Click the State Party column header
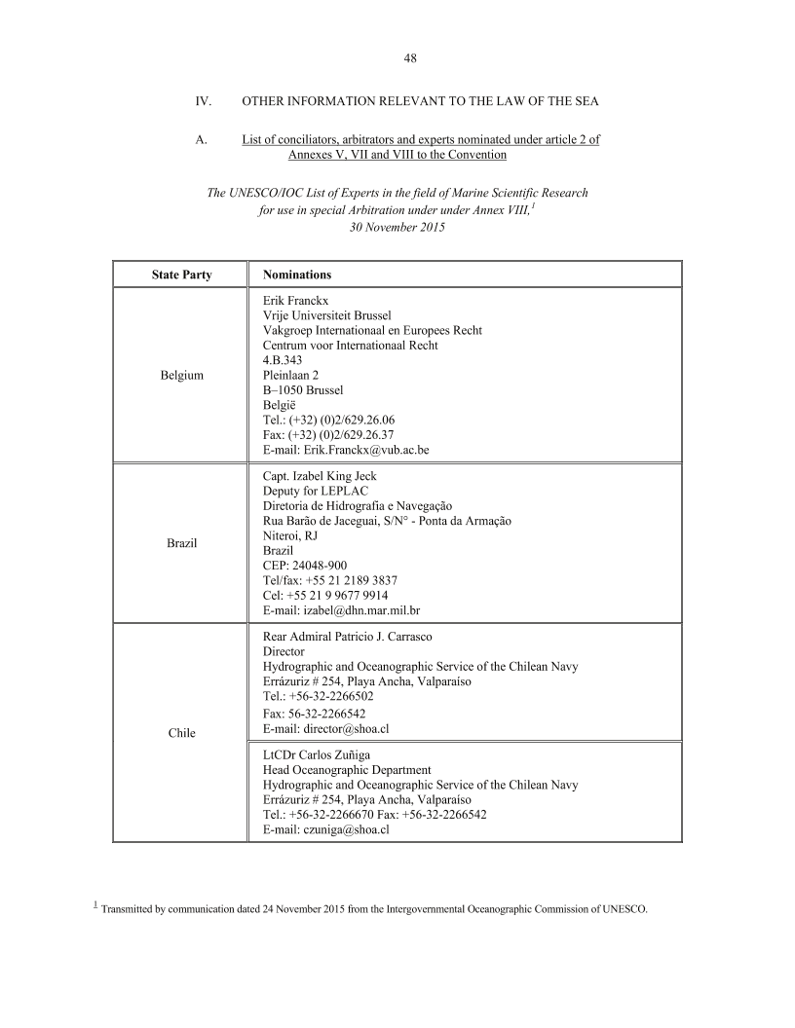click(181, 275)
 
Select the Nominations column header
click(297, 275)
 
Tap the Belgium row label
click(181, 375)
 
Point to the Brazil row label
click(181, 542)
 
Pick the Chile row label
click(181, 732)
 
